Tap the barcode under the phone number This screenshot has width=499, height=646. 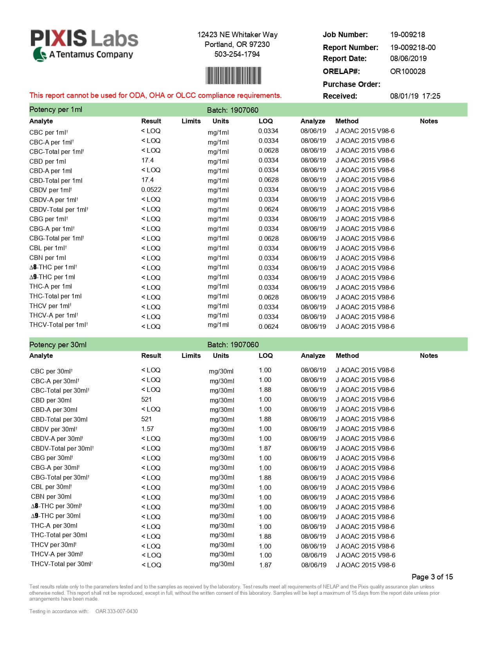pyautogui.click(x=233, y=76)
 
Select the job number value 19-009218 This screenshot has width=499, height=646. pyautogui.click(x=407, y=35)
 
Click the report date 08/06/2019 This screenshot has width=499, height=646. pyautogui.click(x=408, y=59)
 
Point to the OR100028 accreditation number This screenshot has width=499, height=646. pyautogui.click(x=407, y=72)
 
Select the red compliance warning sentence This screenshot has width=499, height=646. pyautogui.click(x=155, y=96)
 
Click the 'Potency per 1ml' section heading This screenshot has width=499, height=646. pyautogui.click(x=56, y=110)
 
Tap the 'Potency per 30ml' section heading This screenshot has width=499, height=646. pyautogui.click(x=58, y=345)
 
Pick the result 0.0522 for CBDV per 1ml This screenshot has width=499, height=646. pyautogui.click(x=151, y=190)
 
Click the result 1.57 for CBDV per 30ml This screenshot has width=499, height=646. pyautogui.click(x=148, y=429)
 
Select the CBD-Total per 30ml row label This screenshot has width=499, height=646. pyautogui.click(x=59, y=420)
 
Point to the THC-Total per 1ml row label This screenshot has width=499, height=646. pyautogui.click(x=56, y=296)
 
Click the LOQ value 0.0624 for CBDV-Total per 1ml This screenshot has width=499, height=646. pyautogui.click(x=268, y=209)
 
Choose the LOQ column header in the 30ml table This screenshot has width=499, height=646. pyautogui.click(x=265, y=356)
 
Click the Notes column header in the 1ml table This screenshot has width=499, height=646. pyautogui.click(x=429, y=121)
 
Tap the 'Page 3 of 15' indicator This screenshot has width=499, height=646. pyautogui.click(x=432, y=577)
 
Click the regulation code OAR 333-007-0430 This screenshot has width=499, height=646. pyautogui.click(x=117, y=612)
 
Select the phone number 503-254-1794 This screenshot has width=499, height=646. pyautogui.click(x=237, y=54)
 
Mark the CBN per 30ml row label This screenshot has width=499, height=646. pyautogui.click(x=51, y=497)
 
